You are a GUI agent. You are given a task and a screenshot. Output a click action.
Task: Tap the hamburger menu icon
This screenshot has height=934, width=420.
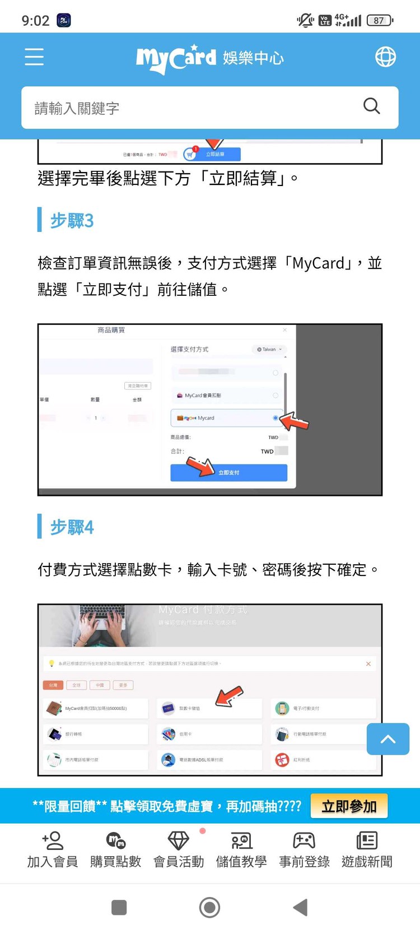[x=34, y=57]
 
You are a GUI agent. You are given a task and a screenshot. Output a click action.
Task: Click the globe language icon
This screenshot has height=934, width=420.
[x=385, y=57]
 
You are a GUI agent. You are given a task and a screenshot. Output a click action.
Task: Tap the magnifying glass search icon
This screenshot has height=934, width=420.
[x=371, y=106]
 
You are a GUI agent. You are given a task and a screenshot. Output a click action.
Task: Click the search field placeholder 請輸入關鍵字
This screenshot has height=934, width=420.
[x=77, y=108]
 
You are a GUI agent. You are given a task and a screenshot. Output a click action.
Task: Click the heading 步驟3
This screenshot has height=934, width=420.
[x=72, y=221]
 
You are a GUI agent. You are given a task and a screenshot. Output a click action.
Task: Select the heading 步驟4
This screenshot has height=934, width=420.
[x=72, y=527]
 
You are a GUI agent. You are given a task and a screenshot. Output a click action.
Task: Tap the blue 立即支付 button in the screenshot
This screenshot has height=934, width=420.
[x=228, y=472]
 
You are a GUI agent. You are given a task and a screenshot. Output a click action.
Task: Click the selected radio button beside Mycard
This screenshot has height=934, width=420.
[x=275, y=418]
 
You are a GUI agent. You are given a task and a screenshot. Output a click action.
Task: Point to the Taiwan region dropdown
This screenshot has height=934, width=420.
[x=269, y=349]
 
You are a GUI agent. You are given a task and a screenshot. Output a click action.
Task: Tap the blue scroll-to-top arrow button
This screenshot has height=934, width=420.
[x=388, y=739]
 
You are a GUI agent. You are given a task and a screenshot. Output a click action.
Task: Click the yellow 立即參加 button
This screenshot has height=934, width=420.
[x=349, y=806]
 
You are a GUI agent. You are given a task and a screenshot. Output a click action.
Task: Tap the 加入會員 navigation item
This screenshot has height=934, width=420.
[x=53, y=849]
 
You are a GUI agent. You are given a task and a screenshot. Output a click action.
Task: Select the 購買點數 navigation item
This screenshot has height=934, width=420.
[x=116, y=849]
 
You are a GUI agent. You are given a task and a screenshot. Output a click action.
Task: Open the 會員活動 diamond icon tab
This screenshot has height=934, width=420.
[x=179, y=849]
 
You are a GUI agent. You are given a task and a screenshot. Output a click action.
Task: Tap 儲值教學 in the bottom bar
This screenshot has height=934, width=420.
[x=241, y=849]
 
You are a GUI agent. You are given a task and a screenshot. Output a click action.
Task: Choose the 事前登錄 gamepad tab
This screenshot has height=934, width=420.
[x=304, y=849]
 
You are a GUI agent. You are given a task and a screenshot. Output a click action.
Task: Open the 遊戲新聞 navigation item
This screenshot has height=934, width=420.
[x=367, y=849]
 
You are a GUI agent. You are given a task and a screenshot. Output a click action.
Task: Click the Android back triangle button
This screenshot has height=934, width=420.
[x=301, y=907]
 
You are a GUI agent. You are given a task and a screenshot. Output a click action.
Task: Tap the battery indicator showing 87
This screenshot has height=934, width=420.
[x=380, y=21]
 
